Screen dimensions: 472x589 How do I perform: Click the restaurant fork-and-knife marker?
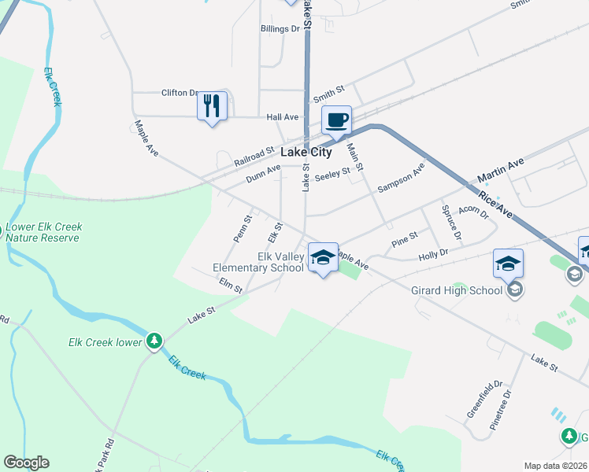[211, 105]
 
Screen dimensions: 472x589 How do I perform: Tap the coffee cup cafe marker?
[336, 120]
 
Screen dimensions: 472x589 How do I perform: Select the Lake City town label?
[306, 153]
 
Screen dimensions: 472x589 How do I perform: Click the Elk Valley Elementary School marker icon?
[322, 257]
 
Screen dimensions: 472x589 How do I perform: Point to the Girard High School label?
[457, 290]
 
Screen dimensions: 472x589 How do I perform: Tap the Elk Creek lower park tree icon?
[155, 341]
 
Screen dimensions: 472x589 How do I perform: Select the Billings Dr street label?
[281, 28]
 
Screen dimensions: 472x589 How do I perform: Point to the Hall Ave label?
[283, 117]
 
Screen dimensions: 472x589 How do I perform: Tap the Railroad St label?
[254, 155]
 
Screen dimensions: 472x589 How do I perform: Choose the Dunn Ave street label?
[263, 173]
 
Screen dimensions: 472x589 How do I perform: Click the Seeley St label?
[332, 175]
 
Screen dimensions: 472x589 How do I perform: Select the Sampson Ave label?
[401, 178]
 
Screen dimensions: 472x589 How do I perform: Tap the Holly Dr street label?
[433, 253]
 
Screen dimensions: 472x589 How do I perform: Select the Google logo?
[26, 463]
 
